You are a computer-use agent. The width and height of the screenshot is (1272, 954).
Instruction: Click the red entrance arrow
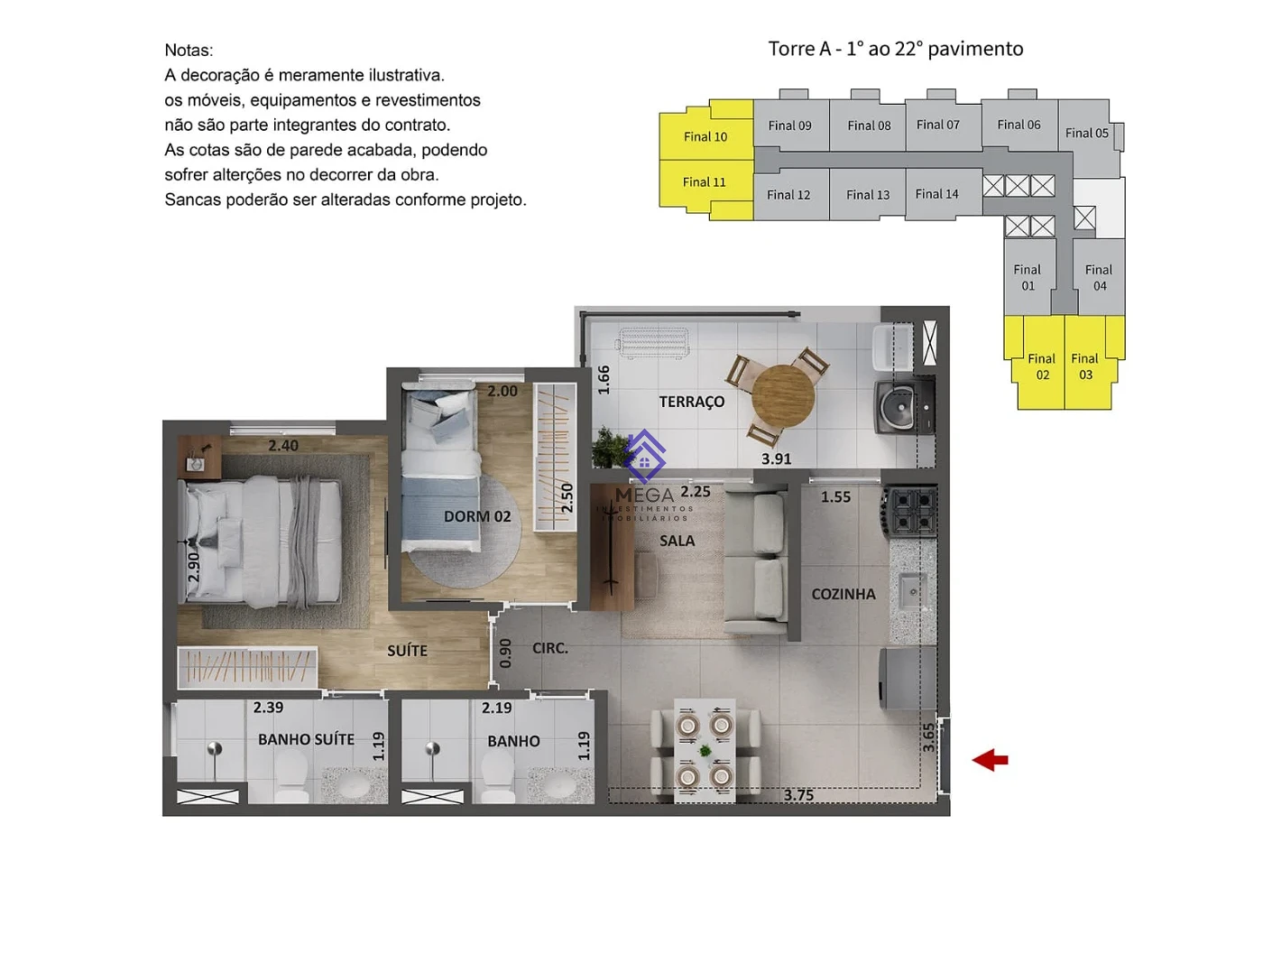990,760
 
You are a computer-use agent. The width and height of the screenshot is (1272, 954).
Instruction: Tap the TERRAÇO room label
691,402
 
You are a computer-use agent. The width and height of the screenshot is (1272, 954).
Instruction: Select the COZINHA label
843,594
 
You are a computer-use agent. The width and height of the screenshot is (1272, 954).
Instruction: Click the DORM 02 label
477,516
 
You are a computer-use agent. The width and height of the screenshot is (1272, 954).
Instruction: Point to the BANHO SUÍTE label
306,739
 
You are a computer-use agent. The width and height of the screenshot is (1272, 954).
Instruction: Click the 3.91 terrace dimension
776,459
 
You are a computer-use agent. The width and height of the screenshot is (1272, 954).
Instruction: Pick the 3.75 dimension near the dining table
798,795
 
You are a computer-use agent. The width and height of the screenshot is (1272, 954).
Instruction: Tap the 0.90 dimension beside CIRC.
506,653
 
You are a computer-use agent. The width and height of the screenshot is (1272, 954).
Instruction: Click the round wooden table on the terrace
783,396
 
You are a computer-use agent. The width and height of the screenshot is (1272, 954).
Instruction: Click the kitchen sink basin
912,592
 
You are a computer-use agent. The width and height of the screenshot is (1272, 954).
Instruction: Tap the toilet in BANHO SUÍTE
290,775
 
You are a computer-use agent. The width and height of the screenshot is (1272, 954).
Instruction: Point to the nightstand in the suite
199,457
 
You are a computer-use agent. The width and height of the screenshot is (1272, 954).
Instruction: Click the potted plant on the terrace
608,447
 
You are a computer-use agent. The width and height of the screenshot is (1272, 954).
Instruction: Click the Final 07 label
937,125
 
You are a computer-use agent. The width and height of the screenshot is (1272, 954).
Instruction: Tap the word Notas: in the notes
189,51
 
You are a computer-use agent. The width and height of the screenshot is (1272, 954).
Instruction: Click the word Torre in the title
791,49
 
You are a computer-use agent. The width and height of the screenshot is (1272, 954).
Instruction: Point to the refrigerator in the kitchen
908,678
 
